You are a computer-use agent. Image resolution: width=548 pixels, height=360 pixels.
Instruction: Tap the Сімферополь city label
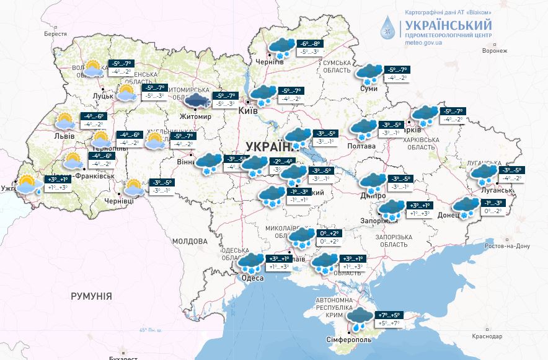tap(349, 340)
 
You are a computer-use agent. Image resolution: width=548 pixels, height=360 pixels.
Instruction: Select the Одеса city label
tap(252, 278)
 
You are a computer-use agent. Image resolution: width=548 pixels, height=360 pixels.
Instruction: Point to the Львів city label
tap(64, 136)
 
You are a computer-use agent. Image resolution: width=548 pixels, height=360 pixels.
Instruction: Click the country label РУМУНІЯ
tap(91, 296)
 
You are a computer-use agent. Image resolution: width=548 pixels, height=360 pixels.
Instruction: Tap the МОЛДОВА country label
tap(190, 240)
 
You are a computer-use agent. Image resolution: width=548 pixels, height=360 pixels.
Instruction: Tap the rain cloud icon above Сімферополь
tap(359, 318)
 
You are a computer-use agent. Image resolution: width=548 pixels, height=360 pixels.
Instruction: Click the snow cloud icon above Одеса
tap(251, 263)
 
